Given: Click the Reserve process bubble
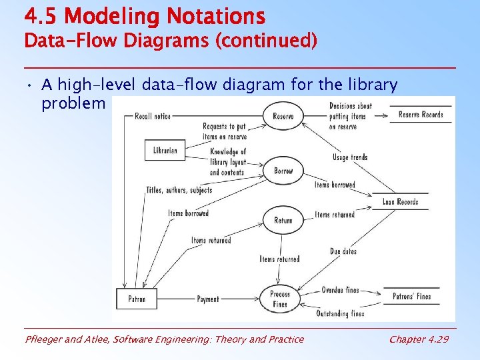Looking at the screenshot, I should [x=283, y=117].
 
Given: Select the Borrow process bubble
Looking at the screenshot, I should [x=283, y=171].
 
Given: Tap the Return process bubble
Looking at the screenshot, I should [x=283, y=221].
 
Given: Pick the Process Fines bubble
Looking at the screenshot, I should [x=280, y=299].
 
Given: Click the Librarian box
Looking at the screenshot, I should [x=165, y=150].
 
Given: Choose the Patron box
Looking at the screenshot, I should [x=137, y=299].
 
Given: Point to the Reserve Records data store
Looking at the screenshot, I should [x=421, y=115].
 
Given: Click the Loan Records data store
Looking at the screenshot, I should [x=400, y=202].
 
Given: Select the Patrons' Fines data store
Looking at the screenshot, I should [x=411, y=297].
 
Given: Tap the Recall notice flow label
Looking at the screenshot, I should [x=153, y=116].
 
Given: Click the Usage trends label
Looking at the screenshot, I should [x=350, y=157].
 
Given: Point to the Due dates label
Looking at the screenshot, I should [x=343, y=251].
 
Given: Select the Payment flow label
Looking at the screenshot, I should [x=208, y=299].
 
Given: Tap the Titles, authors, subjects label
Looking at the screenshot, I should [x=179, y=190].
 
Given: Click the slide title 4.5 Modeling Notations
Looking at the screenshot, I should [x=145, y=16].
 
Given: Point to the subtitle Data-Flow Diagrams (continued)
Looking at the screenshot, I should [x=171, y=41].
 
